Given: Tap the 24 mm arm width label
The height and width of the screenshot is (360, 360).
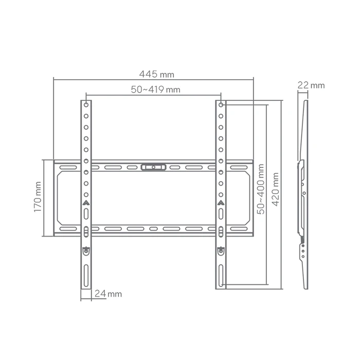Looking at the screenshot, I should coord(109,294).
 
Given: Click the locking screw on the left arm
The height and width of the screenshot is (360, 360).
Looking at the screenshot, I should coord(86,250).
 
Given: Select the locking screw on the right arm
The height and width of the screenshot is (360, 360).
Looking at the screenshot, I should coord(221,250).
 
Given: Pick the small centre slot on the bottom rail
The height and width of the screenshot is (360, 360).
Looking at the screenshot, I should coord(154,228).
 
